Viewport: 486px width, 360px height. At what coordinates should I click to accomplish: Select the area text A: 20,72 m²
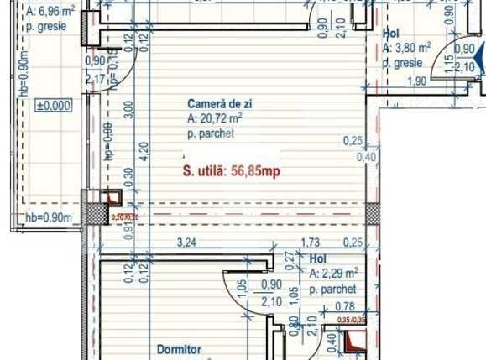coord(217,119)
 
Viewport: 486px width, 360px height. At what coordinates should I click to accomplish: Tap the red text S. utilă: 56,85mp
coord(231,171)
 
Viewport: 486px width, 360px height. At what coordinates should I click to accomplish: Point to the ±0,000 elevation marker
coord(53,107)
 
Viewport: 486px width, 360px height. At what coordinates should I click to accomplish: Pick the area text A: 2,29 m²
coord(334,274)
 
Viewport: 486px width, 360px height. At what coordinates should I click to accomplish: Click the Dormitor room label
coord(180,348)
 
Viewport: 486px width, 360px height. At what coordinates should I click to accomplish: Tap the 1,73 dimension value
coord(309,243)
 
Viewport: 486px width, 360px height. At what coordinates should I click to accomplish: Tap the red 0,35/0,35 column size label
coord(350,320)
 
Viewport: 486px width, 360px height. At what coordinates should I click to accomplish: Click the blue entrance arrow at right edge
coord(479,59)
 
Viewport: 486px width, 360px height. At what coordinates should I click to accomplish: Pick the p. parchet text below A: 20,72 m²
coord(210,133)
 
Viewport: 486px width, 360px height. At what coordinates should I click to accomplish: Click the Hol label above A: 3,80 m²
coord(389,34)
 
